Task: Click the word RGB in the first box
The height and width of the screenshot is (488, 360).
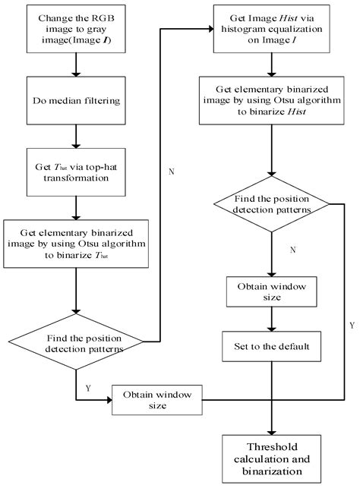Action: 103,18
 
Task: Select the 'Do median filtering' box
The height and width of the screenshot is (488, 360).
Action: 76,100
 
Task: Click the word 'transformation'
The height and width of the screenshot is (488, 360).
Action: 76,178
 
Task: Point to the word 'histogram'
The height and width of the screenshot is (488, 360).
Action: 242,30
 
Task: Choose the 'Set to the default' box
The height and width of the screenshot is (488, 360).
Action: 272,346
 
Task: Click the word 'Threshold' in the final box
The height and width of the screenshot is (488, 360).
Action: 272,447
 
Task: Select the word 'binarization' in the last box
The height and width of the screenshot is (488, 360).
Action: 272,471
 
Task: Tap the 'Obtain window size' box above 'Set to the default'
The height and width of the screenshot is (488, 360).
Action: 272,291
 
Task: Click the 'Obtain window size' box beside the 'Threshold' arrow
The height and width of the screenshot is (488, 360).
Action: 157,400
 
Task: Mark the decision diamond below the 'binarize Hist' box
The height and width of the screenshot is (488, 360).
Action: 272,204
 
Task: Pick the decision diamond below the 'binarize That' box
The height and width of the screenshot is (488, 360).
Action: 76,342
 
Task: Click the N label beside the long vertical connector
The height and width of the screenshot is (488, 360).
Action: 172,172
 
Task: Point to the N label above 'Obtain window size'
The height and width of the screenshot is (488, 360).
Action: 292,250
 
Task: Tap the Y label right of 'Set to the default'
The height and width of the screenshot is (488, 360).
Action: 352,326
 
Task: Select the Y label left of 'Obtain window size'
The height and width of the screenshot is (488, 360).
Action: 88,388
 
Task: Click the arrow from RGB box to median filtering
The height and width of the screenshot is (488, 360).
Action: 76,65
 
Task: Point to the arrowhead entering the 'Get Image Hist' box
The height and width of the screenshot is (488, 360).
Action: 211,30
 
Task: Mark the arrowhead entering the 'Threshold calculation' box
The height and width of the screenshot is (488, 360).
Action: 272,433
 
